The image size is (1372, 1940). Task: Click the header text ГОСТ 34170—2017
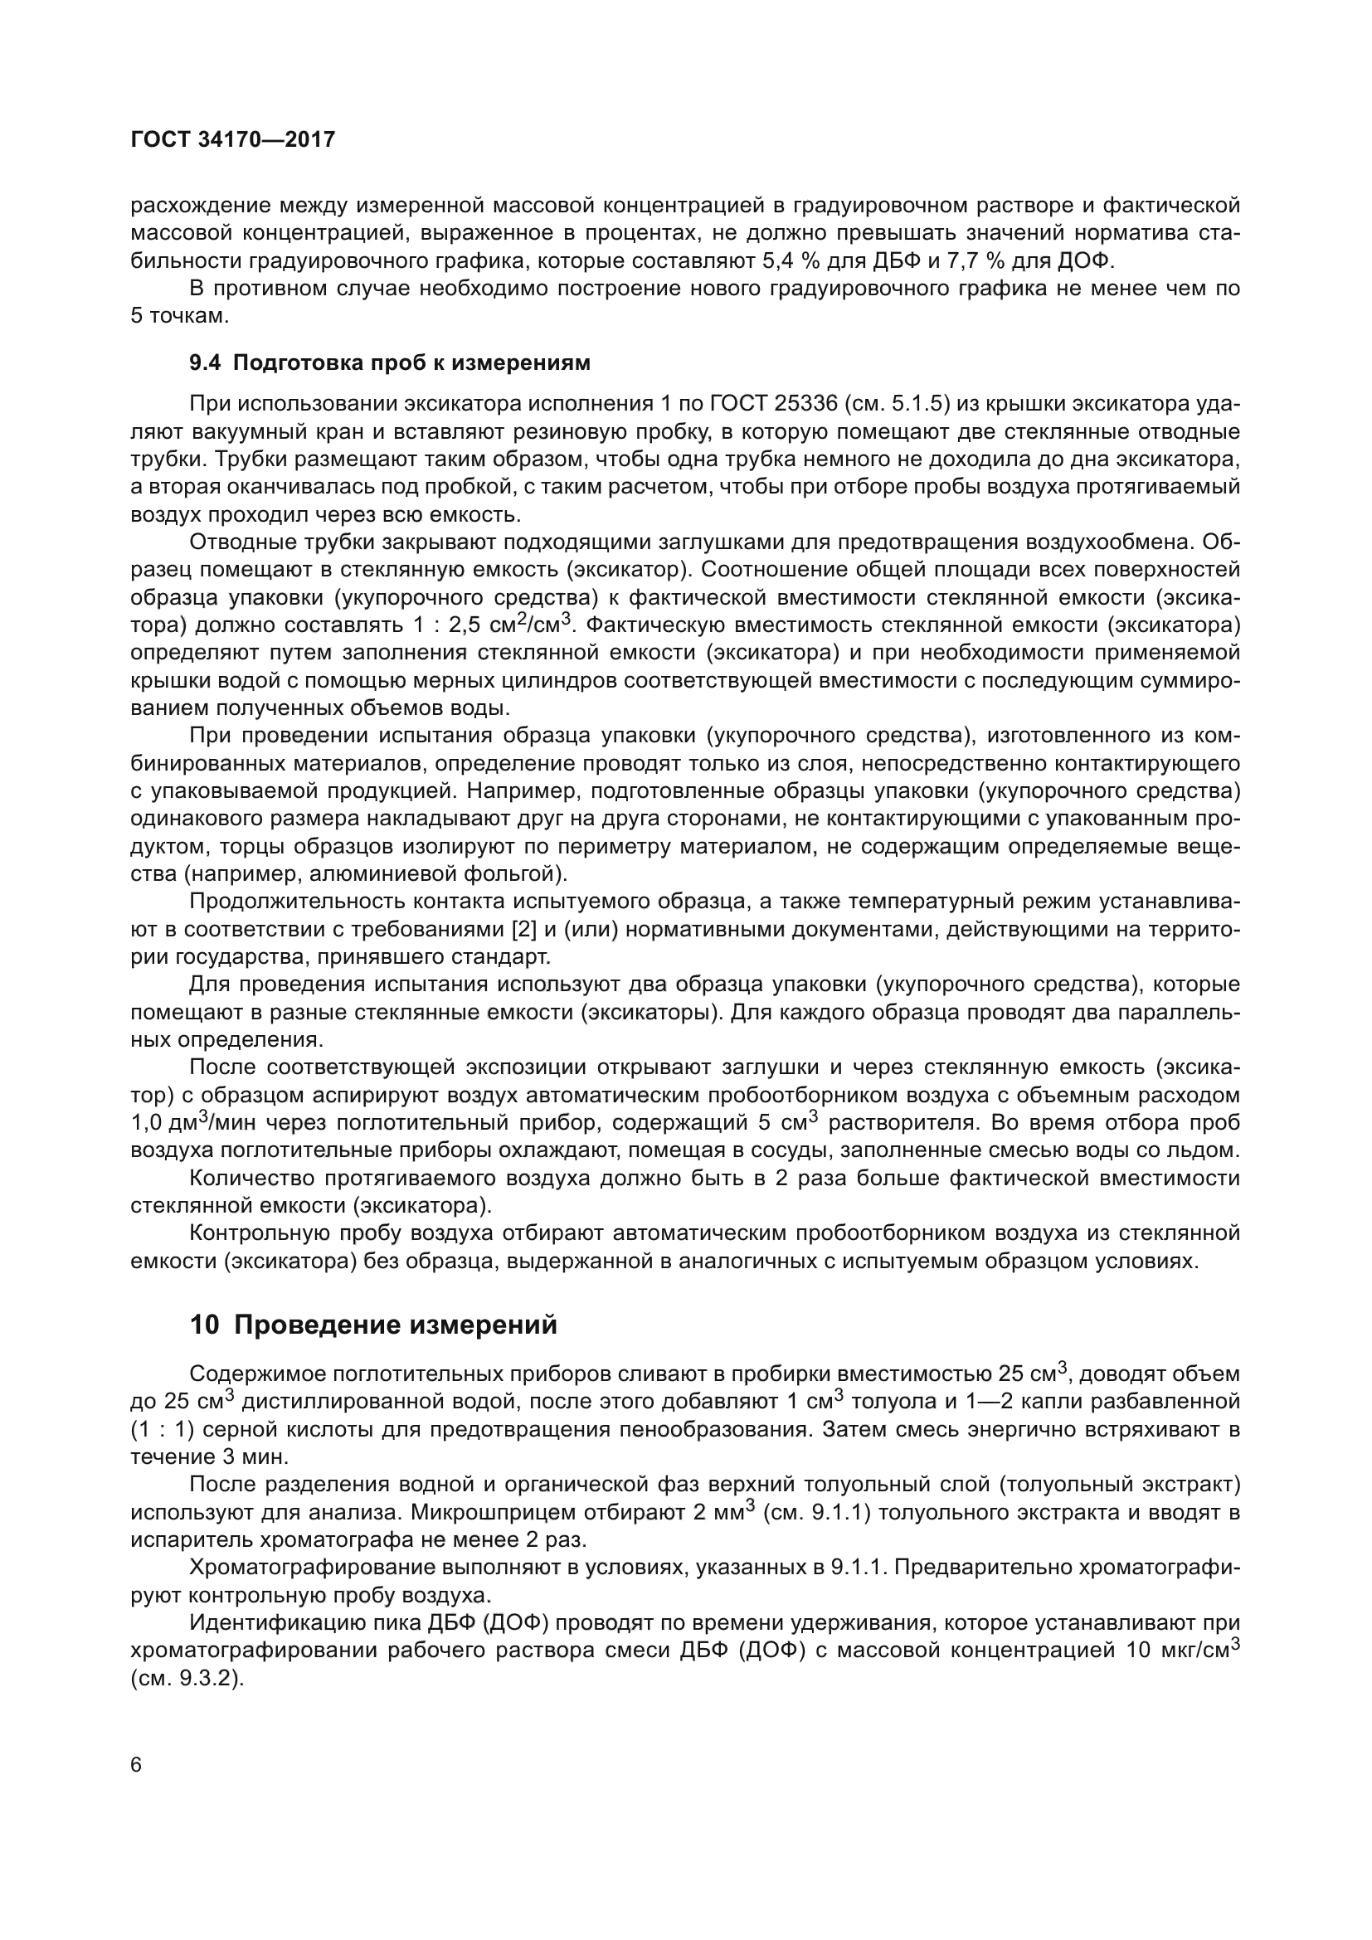pos(233,139)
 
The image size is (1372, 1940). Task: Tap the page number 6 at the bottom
pos(137,1766)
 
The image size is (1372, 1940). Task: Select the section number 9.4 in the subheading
pos(205,363)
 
